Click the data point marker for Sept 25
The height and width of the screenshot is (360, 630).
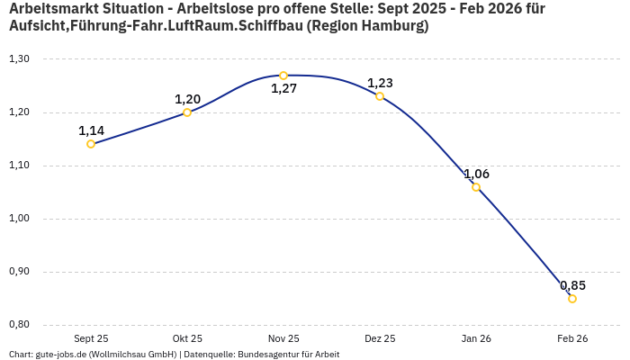(91, 144)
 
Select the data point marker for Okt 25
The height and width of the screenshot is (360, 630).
(187, 112)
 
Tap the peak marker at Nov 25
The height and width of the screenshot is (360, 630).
(283, 76)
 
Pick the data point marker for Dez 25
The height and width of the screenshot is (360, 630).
(380, 96)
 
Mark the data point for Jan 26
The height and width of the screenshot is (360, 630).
(476, 187)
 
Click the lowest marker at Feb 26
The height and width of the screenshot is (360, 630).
(572, 299)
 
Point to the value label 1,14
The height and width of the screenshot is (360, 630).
(91, 130)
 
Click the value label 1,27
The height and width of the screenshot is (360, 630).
(283, 89)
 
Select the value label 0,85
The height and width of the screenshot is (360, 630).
(572, 285)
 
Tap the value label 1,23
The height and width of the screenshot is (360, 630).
(380, 83)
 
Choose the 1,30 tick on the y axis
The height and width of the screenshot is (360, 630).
(19, 59)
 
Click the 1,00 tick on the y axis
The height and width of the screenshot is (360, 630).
(19, 219)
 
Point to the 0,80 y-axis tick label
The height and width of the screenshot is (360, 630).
(19, 325)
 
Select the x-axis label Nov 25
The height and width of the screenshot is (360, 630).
(283, 338)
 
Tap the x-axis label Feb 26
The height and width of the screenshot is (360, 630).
(572, 338)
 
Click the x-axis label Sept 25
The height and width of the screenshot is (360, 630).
(91, 338)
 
